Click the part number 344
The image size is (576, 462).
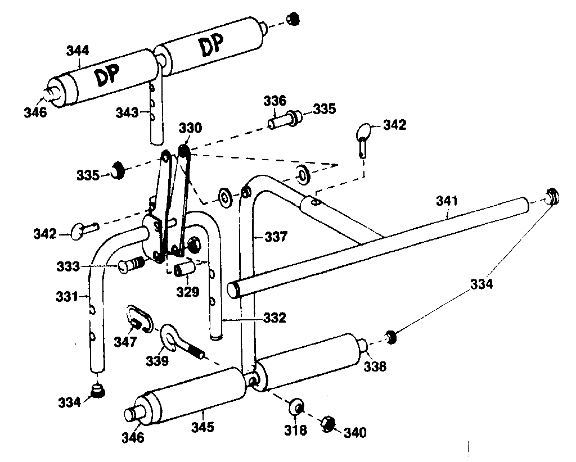(78, 51)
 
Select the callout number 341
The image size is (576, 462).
(447, 201)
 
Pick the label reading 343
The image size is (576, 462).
(127, 113)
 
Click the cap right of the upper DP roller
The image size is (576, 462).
(292, 19)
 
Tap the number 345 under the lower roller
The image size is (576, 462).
(202, 427)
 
